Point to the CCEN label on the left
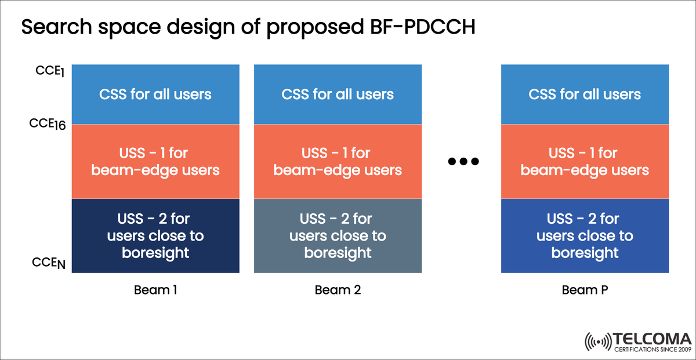coord(48,264)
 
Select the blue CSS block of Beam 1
coord(155,94)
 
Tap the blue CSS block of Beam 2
coord(338,94)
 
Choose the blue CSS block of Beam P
coord(585,94)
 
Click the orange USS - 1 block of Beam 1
coord(155,162)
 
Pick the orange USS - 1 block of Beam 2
coord(338,162)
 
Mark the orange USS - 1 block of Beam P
coord(585,162)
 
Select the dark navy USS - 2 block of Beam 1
coord(155,236)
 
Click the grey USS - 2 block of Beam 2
coord(338,236)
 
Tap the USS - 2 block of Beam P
coord(585,236)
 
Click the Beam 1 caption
coord(155,290)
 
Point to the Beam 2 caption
coord(338,290)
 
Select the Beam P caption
coord(585,290)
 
